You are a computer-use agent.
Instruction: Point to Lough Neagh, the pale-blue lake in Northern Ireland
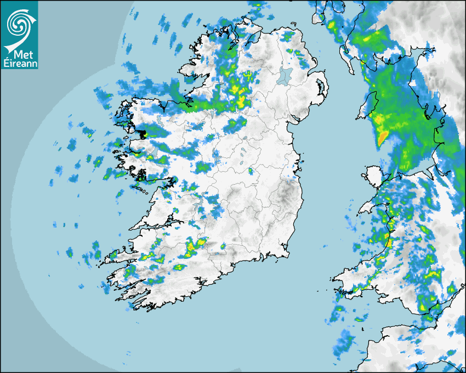click(x=286, y=75)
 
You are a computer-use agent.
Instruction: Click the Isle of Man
click(x=369, y=105)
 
